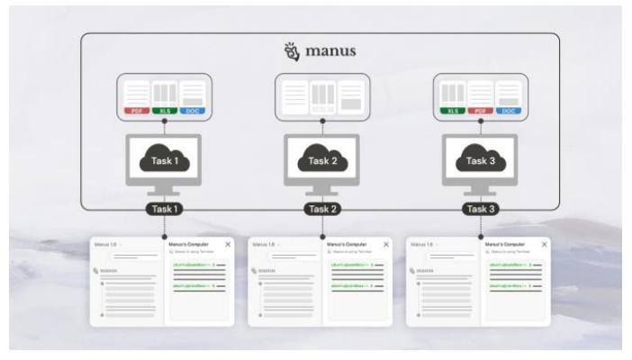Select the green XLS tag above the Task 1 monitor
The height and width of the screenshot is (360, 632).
tap(164, 111)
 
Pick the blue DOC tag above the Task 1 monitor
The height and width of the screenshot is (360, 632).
tap(192, 111)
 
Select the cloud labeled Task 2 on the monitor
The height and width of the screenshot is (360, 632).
tap(321, 160)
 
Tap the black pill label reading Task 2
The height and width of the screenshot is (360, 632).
tap(321, 209)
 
